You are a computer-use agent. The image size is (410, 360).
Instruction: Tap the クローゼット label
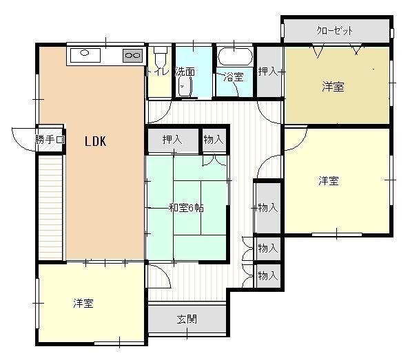click(x=335, y=30)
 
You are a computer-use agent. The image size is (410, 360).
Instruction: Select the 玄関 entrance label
click(x=187, y=319)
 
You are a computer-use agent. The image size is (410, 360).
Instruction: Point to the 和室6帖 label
click(x=186, y=207)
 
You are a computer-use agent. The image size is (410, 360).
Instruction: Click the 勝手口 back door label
click(x=50, y=140)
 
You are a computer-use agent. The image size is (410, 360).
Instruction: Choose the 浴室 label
click(x=234, y=76)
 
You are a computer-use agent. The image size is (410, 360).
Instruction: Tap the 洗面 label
click(x=184, y=71)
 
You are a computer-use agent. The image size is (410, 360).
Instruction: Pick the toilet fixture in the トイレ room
click(x=161, y=55)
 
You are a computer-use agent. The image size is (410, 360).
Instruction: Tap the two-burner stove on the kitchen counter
click(x=132, y=54)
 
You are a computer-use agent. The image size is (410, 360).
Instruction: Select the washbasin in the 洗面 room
click(x=185, y=87)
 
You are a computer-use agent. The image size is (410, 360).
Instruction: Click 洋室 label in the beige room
click(x=334, y=87)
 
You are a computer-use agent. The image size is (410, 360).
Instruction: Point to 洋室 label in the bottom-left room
click(x=84, y=303)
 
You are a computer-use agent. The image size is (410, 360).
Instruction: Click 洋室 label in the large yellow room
click(x=329, y=180)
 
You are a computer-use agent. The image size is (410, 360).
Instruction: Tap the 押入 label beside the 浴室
click(x=268, y=71)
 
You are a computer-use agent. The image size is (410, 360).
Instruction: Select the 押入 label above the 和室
click(x=172, y=140)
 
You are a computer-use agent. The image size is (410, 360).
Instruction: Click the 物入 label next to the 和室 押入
click(x=214, y=140)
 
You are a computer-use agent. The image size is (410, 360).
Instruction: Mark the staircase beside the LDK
click(x=50, y=207)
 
